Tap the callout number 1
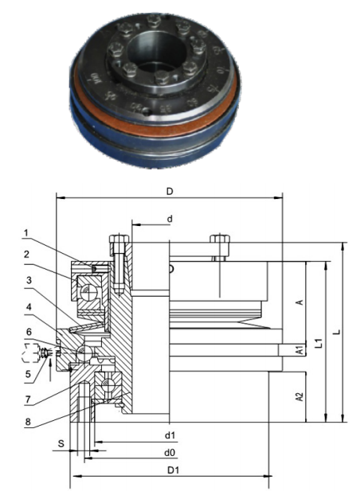[26, 233]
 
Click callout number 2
[26, 255]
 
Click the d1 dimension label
[170, 435]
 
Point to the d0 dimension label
[170, 453]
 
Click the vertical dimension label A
[299, 303]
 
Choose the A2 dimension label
[300, 396]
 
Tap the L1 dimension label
[319, 344]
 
